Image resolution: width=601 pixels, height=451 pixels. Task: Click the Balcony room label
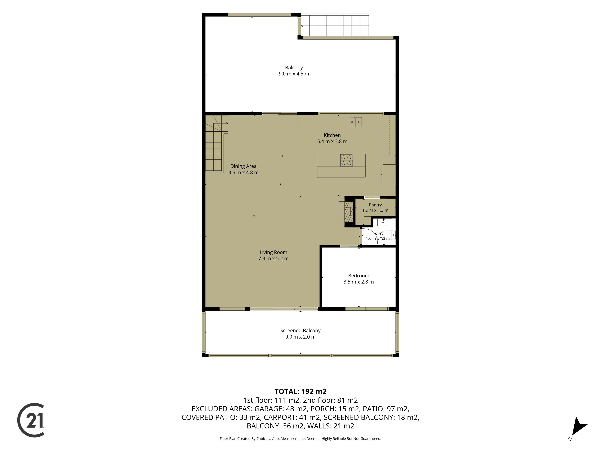[294, 68]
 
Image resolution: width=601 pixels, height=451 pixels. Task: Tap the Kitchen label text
[332, 135]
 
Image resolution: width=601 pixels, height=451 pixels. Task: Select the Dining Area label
[243, 166]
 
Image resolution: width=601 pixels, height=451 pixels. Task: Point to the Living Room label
[273, 252]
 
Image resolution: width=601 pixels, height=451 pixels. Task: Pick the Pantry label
[375, 205]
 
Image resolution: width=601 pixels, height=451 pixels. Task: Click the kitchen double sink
[355, 122]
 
